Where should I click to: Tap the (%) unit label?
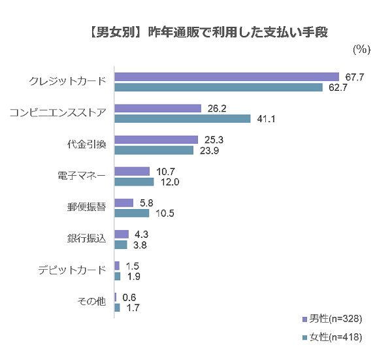(361, 50)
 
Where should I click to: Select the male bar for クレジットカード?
(227, 76)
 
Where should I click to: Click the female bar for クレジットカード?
(218, 87)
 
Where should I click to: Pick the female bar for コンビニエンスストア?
(182, 118)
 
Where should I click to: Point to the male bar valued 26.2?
(157, 108)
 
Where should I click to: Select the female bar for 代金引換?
(154, 150)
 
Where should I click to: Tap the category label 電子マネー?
(82, 176)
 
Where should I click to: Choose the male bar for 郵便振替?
(123, 203)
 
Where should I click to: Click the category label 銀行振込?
(86, 239)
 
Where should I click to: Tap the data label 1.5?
(133, 266)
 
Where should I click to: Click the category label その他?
(91, 302)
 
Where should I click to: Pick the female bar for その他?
(117, 307)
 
